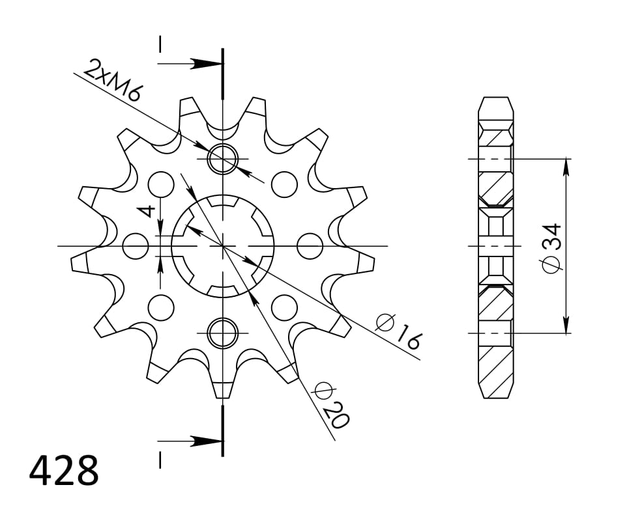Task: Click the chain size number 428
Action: tap(64, 471)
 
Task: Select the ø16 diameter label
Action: tap(400, 331)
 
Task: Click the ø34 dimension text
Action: tap(551, 248)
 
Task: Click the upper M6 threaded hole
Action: tap(223, 159)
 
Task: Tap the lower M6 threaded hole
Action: tap(223, 333)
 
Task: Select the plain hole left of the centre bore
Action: tap(136, 246)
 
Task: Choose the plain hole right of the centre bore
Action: tap(310, 246)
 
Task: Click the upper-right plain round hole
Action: tap(284, 185)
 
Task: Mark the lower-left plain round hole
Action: tap(161, 307)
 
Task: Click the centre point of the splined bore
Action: tap(223, 246)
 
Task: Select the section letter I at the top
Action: tap(160, 44)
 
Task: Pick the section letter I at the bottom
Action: tap(160, 460)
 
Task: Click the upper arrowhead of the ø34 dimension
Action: tap(566, 166)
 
